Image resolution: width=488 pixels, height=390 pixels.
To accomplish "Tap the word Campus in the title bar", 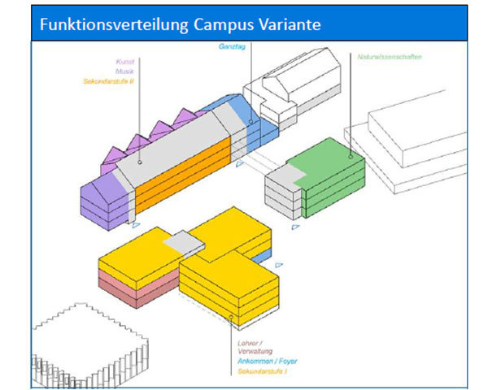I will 230,24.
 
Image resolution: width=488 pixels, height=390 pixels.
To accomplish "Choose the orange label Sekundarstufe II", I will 107,81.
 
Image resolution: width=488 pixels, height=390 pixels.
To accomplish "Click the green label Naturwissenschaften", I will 389,57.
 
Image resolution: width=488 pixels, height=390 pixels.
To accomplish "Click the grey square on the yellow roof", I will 184,244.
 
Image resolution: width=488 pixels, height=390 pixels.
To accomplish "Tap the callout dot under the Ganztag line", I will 251,123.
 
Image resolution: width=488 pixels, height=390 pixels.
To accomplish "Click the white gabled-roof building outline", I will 297,81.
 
